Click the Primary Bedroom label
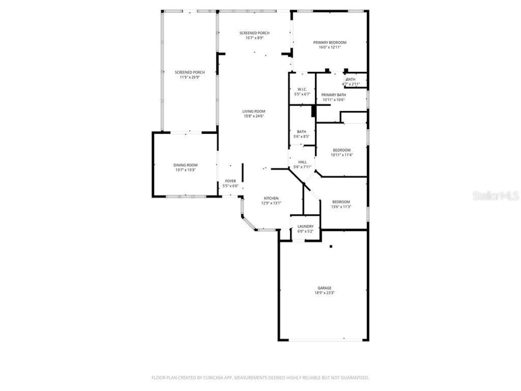(329, 42)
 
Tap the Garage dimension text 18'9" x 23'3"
(324, 292)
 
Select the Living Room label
(254, 111)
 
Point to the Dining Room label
(186, 165)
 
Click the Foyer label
(230, 181)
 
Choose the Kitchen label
(271, 198)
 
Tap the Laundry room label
(305, 226)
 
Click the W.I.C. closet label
(302, 89)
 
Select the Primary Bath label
(334, 94)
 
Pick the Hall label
(302, 162)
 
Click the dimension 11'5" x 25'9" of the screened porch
(190, 77)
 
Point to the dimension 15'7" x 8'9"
(254, 38)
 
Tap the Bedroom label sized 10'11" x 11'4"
(341, 150)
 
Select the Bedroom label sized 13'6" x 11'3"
(341, 202)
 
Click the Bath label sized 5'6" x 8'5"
(302, 132)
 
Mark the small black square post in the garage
(331, 246)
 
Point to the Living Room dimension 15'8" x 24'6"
(254, 116)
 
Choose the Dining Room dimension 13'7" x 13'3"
(186, 170)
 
